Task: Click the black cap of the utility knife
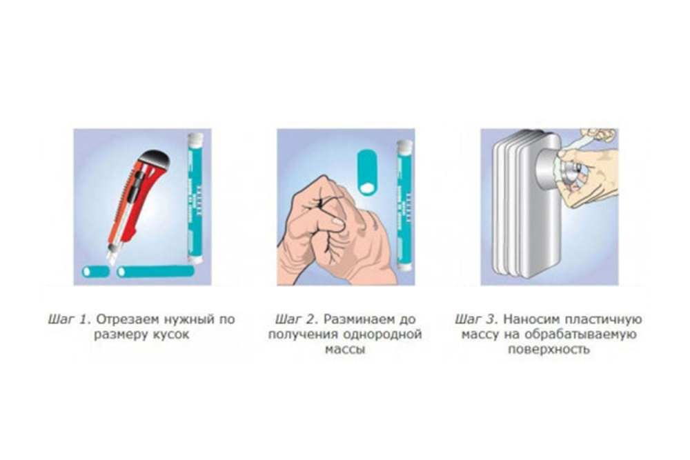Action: [x=154, y=159]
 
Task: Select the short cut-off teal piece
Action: [x=96, y=271]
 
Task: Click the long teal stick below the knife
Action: [x=155, y=271]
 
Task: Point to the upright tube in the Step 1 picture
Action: [x=195, y=198]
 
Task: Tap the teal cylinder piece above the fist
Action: [x=367, y=172]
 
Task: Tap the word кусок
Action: [x=171, y=334]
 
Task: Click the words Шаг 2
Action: [x=297, y=320]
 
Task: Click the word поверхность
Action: [x=549, y=350]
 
